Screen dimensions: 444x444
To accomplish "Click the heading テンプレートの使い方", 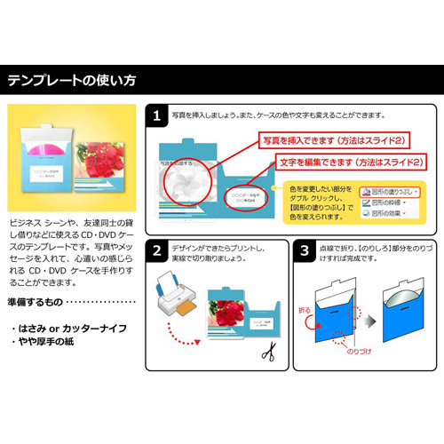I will point(72,80).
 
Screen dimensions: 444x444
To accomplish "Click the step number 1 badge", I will point(156,116).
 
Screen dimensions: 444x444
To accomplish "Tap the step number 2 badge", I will point(156,251).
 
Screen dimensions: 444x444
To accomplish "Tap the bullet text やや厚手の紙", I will point(44,344).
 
